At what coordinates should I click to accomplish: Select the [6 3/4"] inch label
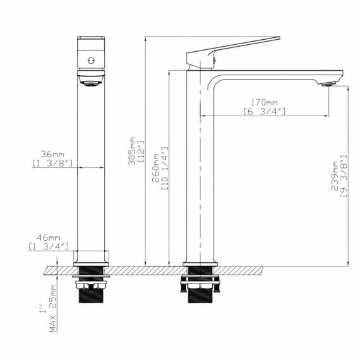(265, 111)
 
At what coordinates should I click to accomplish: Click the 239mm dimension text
(334, 186)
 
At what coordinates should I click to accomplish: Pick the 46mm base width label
(48, 237)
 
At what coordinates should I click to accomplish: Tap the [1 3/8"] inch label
(53, 163)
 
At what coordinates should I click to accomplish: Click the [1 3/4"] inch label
(48, 246)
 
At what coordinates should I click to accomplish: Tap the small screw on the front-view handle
(91, 61)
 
